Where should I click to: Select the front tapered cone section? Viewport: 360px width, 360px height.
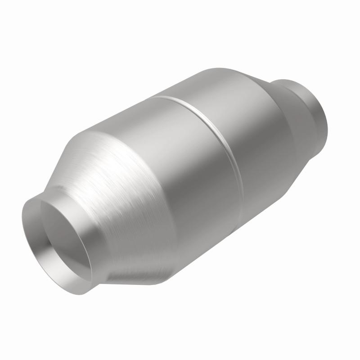(112, 180)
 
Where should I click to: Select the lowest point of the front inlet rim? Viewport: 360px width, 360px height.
(83, 288)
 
